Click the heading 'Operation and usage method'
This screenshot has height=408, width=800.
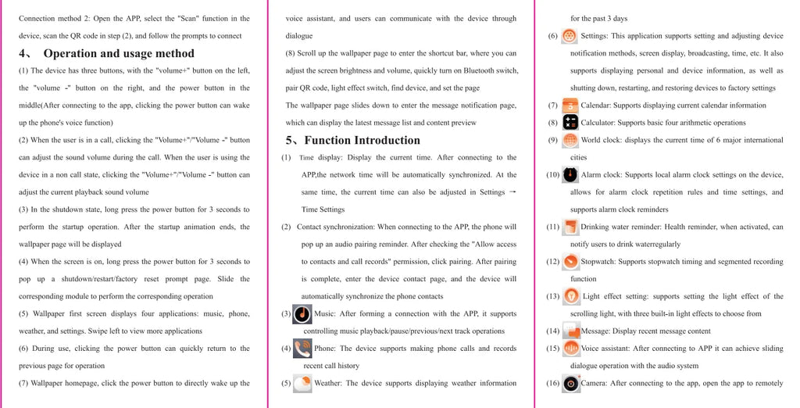click(119, 54)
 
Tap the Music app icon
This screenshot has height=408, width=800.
click(302, 314)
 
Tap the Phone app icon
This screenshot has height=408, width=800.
click(302, 349)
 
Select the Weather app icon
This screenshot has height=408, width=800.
click(302, 384)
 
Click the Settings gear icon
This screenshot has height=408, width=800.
click(570, 36)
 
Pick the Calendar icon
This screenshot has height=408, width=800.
click(570, 106)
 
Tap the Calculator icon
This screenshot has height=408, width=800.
click(570, 123)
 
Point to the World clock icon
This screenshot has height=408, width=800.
click(570, 141)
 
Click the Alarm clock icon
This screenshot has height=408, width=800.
click(571, 175)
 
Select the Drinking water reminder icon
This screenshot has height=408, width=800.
click(570, 227)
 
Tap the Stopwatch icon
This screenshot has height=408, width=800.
click(570, 262)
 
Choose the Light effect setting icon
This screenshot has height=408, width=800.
click(571, 296)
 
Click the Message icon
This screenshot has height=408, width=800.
click(570, 331)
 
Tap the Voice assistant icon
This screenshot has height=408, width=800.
click(570, 349)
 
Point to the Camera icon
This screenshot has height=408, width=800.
click(571, 384)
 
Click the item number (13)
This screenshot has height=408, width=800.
click(552, 297)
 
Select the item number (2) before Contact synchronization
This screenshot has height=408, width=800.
click(286, 227)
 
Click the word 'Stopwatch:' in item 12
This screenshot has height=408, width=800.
click(598, 262)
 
